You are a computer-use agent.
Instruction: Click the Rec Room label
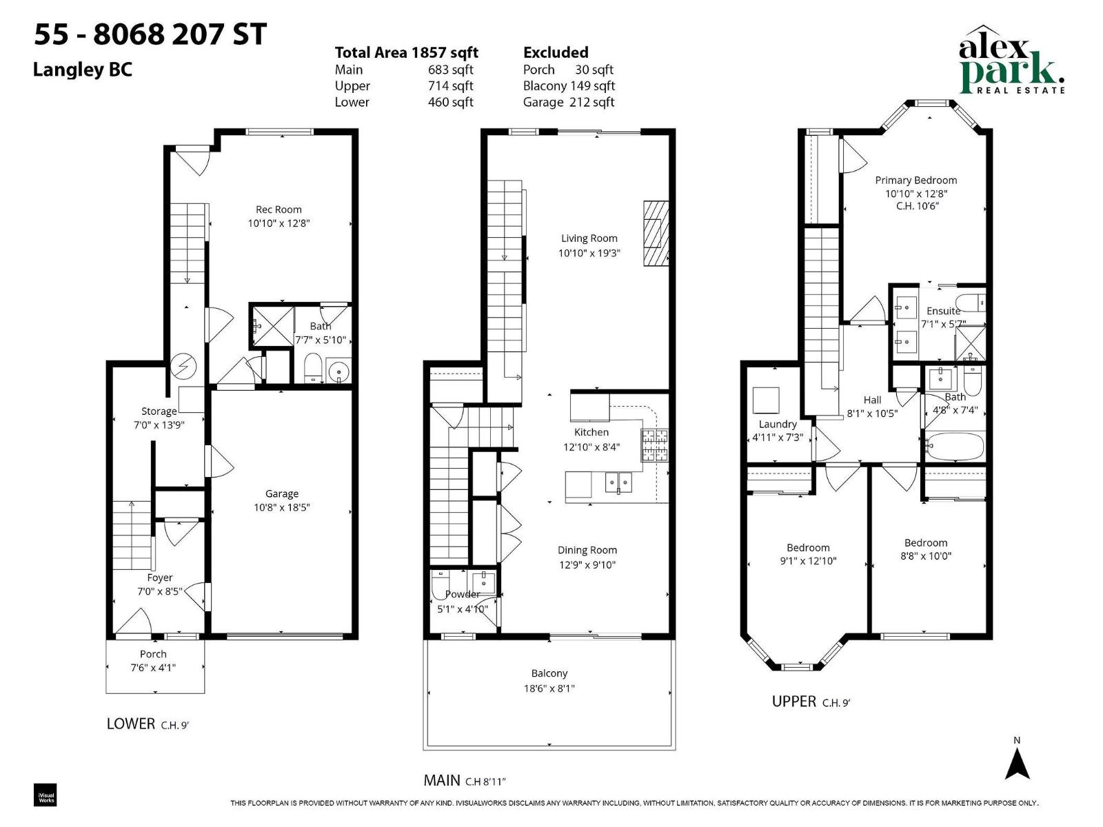(279, 210)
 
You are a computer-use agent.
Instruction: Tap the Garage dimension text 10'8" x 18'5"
(281, 508)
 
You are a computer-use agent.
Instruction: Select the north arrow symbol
(1017, 764)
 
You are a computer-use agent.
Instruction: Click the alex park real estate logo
(1011, 62)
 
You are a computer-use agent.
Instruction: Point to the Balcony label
(549, 673)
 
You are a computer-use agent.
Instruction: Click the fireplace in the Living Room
(656, 234)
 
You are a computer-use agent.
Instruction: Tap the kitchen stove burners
(655, 445)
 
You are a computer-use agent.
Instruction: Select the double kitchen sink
(619, 482)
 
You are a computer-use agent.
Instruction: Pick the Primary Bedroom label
(915, 180)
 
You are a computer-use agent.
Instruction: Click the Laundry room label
(778, 424)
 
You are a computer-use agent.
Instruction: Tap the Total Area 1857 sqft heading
(406, 52)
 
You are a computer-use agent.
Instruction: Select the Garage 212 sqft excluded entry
(568, 102)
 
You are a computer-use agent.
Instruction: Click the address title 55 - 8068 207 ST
(150, 34)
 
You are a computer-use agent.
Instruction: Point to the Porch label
(153, 654)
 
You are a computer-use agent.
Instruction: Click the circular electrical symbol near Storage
(184, 366)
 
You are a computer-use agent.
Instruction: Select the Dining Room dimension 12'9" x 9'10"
(587, 565)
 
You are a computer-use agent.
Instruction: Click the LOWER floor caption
(131, 724)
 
